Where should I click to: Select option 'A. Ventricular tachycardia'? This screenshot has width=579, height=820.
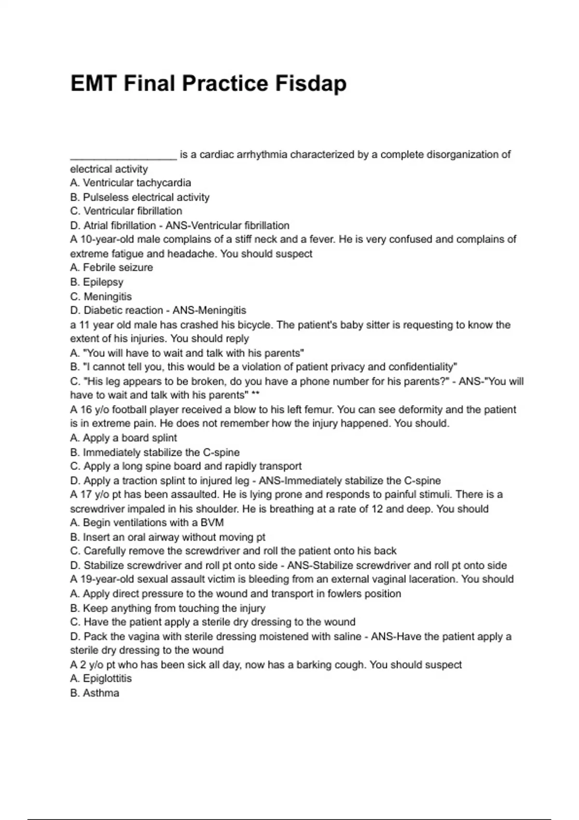pyautogui.click(x=130, y=183)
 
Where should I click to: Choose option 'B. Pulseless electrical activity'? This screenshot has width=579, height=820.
pyautogui.click(x=139, y=197)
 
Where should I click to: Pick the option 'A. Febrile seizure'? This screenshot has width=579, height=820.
pyautogui.click(x=111, y=268)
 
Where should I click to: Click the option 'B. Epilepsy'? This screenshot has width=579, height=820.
pyautogui.click(x=96, y=282)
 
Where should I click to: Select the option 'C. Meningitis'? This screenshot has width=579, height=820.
pyautogui.click(x=101, y=296)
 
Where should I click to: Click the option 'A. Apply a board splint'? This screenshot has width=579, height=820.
pyautogui.click(x=124, y=438)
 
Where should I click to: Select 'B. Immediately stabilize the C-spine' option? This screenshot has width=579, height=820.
pyautogui.click(x=154, y=452)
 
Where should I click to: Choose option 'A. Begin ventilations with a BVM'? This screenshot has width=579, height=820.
pyautogui.click(x=147, y=523)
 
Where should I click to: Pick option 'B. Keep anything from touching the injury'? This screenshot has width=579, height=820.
pyautogui.click(x=167, y=608)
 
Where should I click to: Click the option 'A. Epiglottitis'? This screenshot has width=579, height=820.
pyautogui.click(x=101, y=679)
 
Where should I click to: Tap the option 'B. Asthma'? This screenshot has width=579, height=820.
pyautogui.click(x=95, y=693)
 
